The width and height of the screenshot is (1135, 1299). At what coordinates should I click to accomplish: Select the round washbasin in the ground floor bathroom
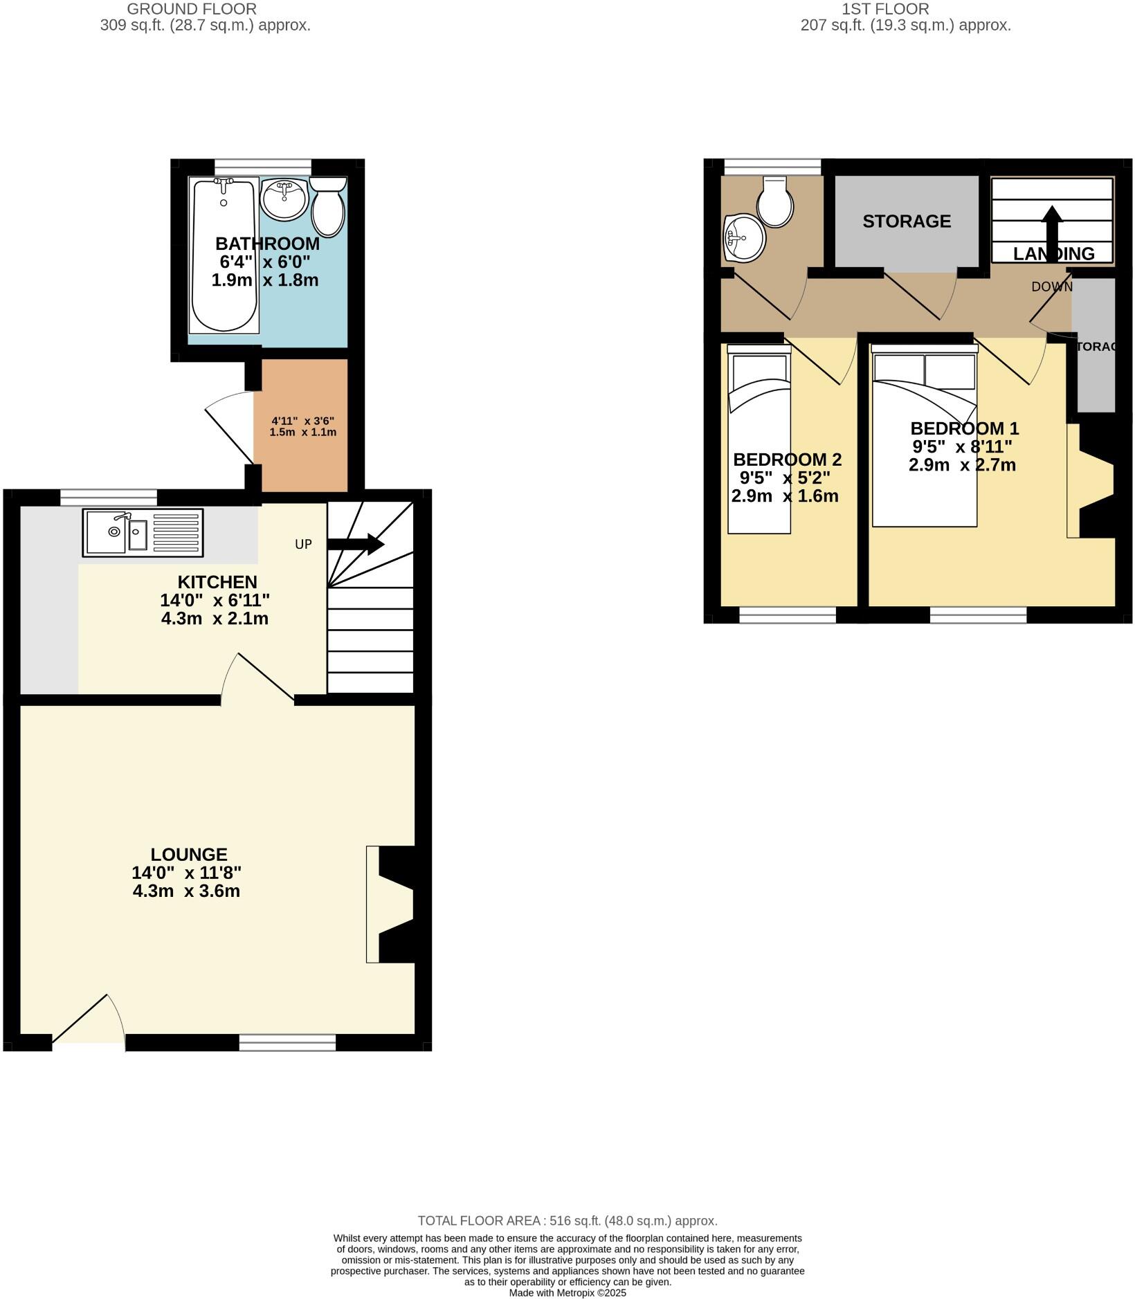tap(284, 199)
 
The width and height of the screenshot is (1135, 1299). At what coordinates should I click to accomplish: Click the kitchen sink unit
tap(143, 532)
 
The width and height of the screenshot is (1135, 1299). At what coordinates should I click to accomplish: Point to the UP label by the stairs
tap(303, 545)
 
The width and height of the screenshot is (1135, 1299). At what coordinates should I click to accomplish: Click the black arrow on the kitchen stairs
tap(356, 544)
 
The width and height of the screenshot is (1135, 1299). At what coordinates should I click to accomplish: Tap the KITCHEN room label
tap(217, 582)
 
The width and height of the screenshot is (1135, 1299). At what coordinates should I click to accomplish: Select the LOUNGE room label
tap(189, 855)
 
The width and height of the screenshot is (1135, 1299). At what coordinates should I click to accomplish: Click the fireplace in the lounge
tap(392, 904)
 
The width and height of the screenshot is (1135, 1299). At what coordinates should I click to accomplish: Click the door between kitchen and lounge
tap(257, 679)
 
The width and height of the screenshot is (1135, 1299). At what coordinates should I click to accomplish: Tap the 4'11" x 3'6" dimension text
tap(303, 426)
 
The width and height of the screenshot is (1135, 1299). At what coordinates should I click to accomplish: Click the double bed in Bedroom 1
tap(924, 436)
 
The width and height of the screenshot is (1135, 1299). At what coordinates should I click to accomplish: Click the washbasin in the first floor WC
tap(743, 239)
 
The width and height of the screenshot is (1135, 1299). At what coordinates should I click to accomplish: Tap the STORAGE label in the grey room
tap(907, 221)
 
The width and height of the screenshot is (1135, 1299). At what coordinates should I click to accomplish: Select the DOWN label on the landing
tap(1051, 287)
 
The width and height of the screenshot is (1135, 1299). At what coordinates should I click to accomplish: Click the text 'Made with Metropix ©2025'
tap(567, 1293)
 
